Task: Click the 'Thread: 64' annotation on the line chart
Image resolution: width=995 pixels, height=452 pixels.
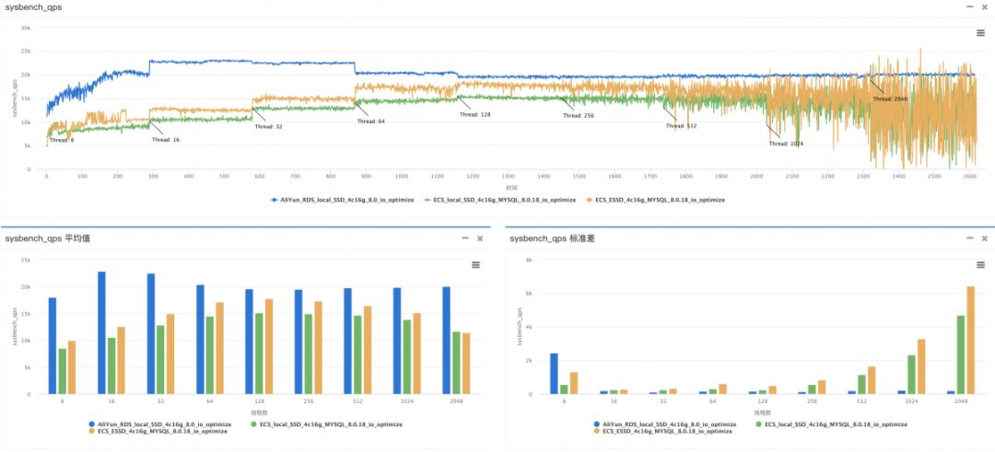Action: pos(370,121)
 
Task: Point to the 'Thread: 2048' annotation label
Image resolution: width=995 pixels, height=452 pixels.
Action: pos(889,99)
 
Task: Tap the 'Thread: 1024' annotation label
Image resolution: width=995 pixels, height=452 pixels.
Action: pos(786,144)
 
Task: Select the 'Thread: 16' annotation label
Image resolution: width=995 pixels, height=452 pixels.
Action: pos(166,140)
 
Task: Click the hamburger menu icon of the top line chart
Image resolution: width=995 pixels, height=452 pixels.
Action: pos(981,33)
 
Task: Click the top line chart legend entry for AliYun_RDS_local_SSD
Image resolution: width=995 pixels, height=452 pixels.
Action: pos(340,199)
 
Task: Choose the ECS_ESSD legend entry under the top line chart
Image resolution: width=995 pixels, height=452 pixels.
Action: pos(659,199)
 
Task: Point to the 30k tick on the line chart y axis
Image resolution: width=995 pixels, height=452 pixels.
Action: pos(27,28)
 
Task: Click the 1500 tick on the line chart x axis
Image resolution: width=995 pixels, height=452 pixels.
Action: pos(578,176)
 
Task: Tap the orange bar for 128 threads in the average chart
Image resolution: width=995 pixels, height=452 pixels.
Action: pos(269,346)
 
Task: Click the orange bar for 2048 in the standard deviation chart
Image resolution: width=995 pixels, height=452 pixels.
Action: pos(970,341)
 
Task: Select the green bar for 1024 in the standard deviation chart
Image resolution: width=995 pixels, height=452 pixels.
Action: pos(910,375)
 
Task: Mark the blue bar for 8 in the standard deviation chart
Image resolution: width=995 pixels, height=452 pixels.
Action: pos(554,374)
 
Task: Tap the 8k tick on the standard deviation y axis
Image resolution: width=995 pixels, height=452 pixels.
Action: pos(528,261)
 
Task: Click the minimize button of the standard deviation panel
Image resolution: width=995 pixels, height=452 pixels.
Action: pos(968,238)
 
